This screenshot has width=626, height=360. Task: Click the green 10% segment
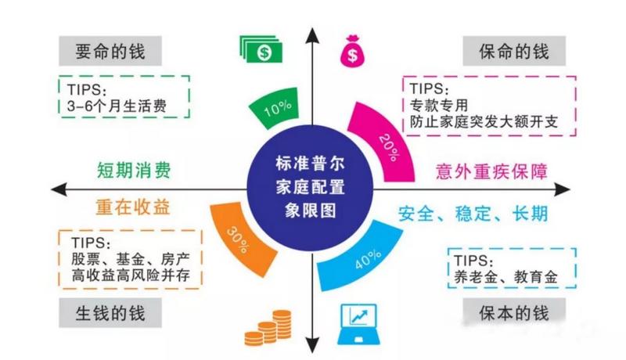click(275, 108)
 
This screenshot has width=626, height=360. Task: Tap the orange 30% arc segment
click(239, 239)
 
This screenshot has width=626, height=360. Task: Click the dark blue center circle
click(310, 188)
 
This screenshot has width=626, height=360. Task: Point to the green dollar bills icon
click(261, 49)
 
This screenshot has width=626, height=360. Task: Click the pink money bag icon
click(352, 51)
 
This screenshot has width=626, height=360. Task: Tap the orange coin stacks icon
click(268, 328)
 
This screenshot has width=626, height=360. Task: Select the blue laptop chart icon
click(359, 324)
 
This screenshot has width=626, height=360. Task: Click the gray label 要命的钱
click(110, 51)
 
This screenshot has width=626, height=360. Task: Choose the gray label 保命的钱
click(514, 51)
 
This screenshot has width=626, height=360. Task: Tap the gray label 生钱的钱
click(110, 313)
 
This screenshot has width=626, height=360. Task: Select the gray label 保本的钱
click(514, 313)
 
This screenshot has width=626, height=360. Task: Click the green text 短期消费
click(134, 170)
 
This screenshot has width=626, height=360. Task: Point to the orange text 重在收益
click(133, 207)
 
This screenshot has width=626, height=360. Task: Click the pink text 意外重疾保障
click(491, 171)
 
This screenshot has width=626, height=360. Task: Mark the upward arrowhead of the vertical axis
click(312, 35)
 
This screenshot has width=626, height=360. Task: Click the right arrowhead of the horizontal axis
click(563, 189)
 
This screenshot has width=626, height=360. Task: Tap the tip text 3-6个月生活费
click(117, 106)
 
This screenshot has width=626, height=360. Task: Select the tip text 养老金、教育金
click(505, 277)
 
